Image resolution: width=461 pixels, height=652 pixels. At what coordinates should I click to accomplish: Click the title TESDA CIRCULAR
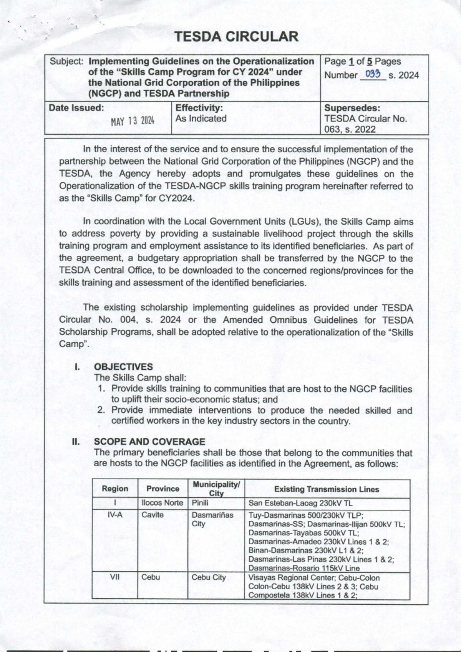point(236,37)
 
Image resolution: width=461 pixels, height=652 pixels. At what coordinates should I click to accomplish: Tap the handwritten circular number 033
point(373,74)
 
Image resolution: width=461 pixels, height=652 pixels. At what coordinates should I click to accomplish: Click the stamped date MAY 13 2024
point(133,122)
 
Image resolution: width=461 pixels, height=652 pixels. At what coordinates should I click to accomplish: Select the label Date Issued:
point(76,108)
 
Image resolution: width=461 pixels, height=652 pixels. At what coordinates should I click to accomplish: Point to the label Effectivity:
point(199,108)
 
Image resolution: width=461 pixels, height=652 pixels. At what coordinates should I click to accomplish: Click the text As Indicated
point(201,118)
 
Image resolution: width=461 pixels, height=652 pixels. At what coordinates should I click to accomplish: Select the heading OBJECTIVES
point(123,367)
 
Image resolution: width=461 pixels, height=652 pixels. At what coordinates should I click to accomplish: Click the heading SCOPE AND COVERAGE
point(149,442)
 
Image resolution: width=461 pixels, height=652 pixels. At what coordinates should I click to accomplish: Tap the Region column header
point(115,489)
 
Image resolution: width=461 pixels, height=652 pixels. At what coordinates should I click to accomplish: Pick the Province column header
point(163,489)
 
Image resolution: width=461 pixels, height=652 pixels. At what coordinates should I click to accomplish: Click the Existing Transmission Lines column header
point(327,489)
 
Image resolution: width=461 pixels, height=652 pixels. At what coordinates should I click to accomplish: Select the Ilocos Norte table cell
point(162,503)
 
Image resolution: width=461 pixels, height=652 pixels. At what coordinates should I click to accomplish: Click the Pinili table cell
point(200,503)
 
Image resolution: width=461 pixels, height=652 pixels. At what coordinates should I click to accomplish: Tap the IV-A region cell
point(115,515)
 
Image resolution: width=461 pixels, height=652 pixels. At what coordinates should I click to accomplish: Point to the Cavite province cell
point(153,515)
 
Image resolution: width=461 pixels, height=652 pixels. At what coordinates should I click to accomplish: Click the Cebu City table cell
point(209,577)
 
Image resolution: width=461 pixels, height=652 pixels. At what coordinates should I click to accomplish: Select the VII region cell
point(115,577)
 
